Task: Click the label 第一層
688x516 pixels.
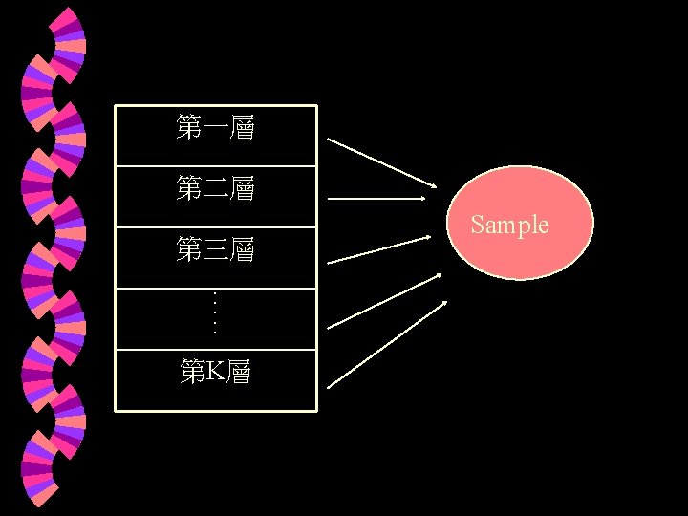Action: (215, 127)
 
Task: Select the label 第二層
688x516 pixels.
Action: (215, 188)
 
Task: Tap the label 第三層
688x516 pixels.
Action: (215, 250)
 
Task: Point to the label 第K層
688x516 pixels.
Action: (215, 372)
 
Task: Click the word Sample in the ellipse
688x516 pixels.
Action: (509, 226)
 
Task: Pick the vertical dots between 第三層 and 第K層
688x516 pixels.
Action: (215, 312)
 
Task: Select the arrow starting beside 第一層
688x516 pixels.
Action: (380, 162)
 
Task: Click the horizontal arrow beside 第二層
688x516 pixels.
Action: (376, 199)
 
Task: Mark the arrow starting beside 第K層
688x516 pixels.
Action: (386, 345)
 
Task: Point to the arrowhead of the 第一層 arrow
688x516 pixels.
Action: (431, 185)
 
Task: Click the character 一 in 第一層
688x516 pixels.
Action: (215, 128)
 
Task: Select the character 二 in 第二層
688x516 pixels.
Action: (215, 189)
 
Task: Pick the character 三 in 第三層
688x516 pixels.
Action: (215, 251)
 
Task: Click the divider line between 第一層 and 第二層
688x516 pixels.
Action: (215, 166)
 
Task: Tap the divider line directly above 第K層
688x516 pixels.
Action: (215, 350)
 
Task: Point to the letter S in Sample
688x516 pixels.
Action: (477, 226)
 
